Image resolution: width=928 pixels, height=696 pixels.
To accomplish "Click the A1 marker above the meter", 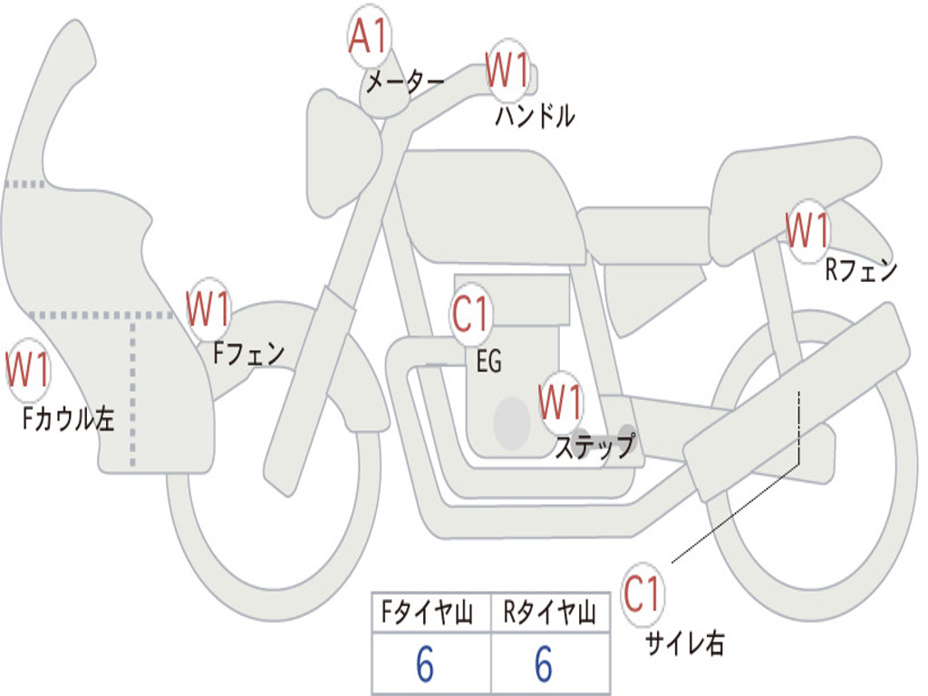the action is tap(369, 38).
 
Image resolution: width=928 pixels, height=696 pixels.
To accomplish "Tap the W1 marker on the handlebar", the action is tap(507, 70).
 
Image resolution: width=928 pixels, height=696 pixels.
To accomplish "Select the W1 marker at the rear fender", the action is tap(807, 230).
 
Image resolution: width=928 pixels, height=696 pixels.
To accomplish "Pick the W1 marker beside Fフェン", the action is tap(208, 309).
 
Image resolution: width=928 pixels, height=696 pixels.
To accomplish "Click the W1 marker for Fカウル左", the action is tap(28, 371).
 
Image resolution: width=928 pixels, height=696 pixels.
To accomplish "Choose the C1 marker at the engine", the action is tap(471, 315).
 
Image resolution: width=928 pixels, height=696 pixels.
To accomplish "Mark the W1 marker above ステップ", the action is tap(561, 402).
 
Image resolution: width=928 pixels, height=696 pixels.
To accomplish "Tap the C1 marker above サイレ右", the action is tap(643, 594).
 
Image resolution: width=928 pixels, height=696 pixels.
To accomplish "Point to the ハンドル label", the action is tap(535, 116).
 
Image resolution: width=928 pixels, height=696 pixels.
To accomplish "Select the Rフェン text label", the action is tap(860, 270).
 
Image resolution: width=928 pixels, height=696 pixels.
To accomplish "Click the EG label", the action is tap(488, 362).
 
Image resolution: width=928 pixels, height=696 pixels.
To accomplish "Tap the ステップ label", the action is tap(594, 447).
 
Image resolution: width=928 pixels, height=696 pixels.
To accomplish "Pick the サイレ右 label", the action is tap(684, 643).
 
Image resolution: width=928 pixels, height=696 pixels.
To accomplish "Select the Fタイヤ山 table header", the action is tap(430, 614).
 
